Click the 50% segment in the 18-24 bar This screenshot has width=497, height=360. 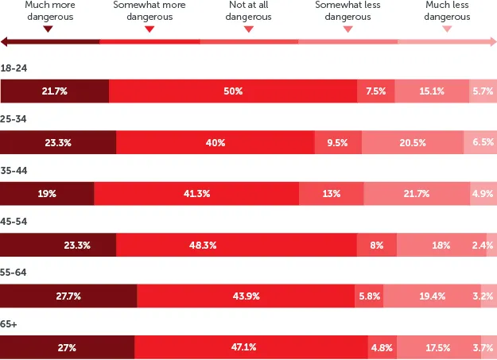pyautogui.click(x=233, y=91)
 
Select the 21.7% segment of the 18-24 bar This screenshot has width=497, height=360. pyautogui.click(x=55, y=91)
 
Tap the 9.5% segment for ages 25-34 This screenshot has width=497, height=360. pyautogui.click(x=338, y=142)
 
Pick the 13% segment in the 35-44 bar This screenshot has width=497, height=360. pyautogui.click(x=332, y=193)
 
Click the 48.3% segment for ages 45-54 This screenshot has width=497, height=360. pyautogui.click(x=236, y=245)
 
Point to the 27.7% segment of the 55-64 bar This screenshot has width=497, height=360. pyautogui.click(x=68, y=296)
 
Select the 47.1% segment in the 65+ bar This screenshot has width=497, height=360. pyautogui.click(x=251, y=347)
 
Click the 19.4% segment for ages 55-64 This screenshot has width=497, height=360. pyautogui.click(x=432, y=296)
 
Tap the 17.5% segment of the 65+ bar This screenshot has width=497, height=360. pyautogui.click(x=439, y=347)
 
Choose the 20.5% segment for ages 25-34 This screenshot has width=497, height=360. pyautogui.click(x=413, y=142)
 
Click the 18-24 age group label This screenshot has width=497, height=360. pyautogui.click(x=14, y=68)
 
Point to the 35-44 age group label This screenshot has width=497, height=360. pyautogui.click(x=14, y=171)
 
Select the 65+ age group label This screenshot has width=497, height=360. pyautogui.click(x=9, y=324)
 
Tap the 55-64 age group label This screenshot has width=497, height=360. pyautogui.click(x=14, y=273)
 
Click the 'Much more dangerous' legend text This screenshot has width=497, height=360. pyautogui.click(x=50, y=10)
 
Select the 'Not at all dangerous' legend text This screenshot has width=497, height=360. pyautogui.click(x=248, y=10)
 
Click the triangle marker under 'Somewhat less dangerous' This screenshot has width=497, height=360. pyautogui.click(x=348, y=29)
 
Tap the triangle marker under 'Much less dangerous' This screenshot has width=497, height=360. pyautogui.click(x=447, y=29)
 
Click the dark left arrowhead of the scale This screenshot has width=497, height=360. pyautogui.click(x=4, y=41)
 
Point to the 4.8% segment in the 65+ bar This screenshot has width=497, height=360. pyautogui.click(x=382, y=347)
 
